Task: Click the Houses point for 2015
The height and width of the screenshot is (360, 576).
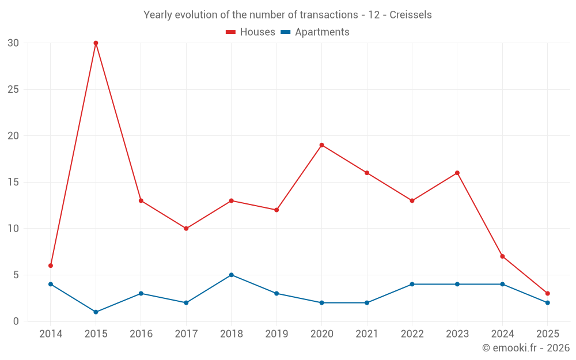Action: click(96, 43)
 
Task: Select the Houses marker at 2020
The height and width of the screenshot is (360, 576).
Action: click(321, 145)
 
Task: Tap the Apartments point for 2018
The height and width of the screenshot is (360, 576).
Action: click(231, 275)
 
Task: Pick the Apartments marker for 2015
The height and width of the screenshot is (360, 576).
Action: click(96, 312)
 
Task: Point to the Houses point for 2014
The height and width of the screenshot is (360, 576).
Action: click(51, 266)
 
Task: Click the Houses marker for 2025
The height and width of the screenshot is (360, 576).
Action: click(547, 293)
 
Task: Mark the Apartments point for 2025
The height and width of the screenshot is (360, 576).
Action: click(547, 302)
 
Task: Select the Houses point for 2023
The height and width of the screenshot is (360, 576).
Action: click(457, 173)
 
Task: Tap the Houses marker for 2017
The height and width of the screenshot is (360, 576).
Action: click(186, 229)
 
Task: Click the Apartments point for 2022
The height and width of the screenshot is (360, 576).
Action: click(412, 284)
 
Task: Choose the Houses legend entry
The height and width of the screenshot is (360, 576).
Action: click(251, 32)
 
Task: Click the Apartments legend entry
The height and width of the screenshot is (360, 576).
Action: click(315, 32)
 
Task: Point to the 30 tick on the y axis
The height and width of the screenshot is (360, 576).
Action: click(13, 43)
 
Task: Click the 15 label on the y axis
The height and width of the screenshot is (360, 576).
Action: click(13, 182)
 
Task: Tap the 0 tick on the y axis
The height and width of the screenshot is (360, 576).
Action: click(16, 321)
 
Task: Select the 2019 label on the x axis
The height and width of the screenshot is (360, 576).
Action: click(276, 334)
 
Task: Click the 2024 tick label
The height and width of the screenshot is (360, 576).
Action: click(502, 334)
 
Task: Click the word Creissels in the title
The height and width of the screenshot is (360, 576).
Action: click(411, 15)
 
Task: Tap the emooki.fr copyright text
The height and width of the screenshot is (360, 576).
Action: click(526, 348)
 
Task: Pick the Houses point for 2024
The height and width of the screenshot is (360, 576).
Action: click(502, 256)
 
